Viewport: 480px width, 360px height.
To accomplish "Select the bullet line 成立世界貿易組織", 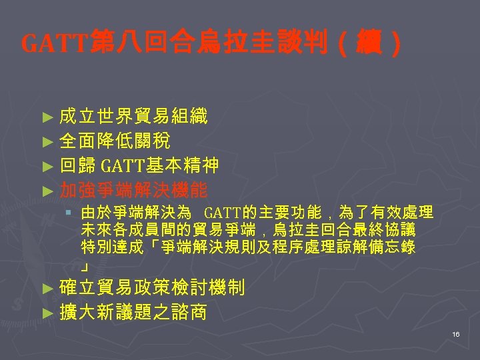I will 133,117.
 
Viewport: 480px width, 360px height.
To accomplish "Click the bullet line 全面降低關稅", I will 115,141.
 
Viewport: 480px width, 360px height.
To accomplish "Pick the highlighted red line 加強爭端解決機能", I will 133,190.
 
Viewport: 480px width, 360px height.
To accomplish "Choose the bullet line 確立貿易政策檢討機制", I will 152,288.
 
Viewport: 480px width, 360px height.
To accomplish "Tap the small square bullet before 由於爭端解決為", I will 69,213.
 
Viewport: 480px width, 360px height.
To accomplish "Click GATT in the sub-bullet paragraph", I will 223,214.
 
